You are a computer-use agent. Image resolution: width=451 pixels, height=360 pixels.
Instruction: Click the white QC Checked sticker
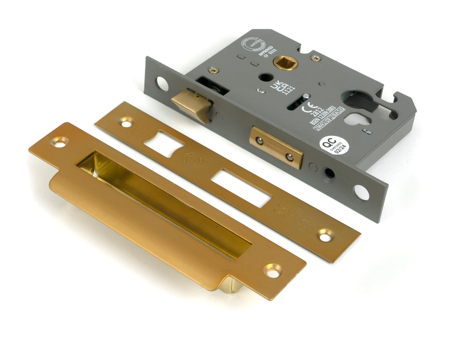click(x=334, y=145)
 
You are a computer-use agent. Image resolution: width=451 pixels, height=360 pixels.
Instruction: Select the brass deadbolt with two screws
click(x=276, y=147)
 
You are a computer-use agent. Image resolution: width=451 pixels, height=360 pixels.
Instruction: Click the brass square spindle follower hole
click(x=285, y=62)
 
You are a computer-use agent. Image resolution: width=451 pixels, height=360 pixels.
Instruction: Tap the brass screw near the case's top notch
click(x=316, y=58)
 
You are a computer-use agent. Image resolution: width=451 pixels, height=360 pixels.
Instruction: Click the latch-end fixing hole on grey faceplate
click(x=162, y=84)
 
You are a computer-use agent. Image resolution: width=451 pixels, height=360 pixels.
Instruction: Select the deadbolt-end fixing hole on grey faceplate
click(x=361, y=192)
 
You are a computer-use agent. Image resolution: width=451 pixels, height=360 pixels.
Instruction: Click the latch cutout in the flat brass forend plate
click(x=163, y=143)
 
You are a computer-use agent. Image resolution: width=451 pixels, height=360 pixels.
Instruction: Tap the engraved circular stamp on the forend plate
click(x=192, y=160)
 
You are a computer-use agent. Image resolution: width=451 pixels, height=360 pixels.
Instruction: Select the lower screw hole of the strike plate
click(x=273, y=270)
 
